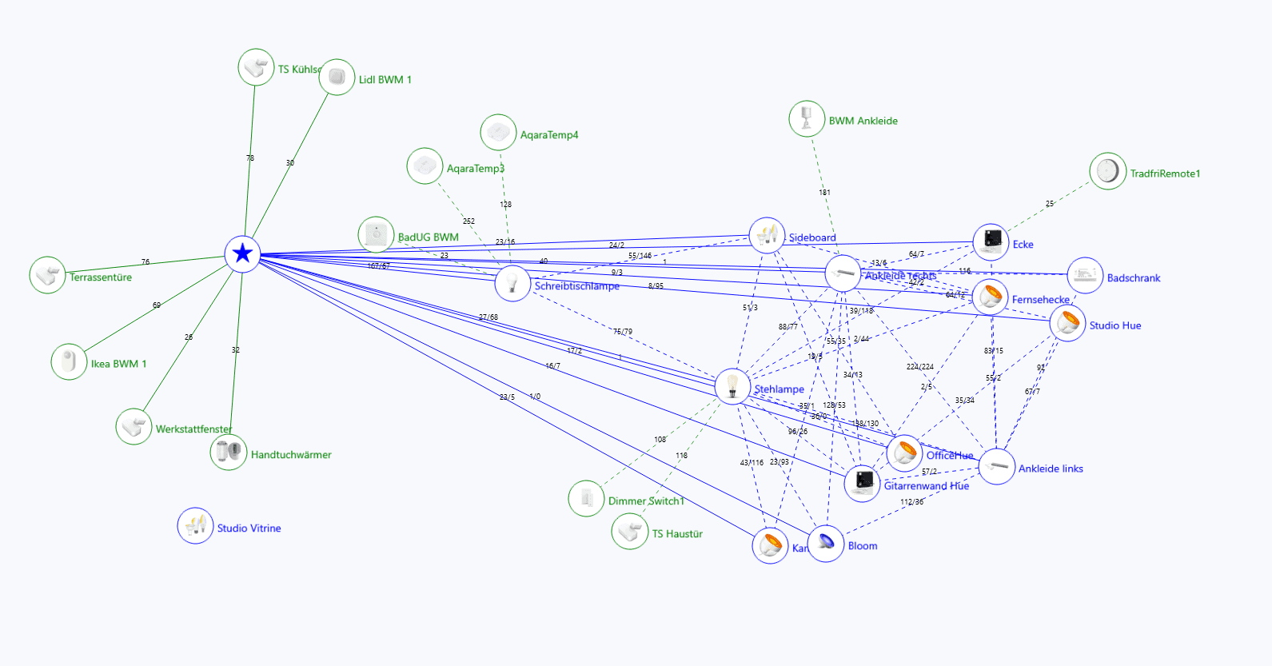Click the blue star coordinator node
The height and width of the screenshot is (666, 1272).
(242, 254)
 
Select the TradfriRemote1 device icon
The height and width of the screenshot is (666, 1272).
(1107, 171)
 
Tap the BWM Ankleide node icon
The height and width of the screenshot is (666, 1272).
(807, 119)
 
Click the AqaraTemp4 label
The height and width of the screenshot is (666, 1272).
(548, 135)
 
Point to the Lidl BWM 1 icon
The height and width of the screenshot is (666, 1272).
(337, 78)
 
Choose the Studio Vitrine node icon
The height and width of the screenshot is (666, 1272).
(195, 526)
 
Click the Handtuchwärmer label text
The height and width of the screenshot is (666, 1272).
(291, 455)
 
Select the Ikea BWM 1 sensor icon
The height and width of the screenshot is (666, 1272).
(69, 361)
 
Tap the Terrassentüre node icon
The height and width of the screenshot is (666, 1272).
(47, 275)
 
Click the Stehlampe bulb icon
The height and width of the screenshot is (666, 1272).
(732, 386)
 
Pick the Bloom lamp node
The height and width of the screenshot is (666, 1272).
(826, 544)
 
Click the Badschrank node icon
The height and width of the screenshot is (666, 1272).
(1085, 276)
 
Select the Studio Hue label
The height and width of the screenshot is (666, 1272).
(1114, 325)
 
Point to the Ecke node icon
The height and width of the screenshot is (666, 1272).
(991, 241)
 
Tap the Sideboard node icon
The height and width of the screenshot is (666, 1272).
(767, 235)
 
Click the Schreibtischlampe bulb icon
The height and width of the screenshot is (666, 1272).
(512, 283)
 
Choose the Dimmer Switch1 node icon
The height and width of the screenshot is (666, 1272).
(586, 499)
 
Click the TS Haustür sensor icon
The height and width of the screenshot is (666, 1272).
(630, 532)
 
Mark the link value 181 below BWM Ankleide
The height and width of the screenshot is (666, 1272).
(824, 193)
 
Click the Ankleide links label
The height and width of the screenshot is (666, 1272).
(1051, 469)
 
